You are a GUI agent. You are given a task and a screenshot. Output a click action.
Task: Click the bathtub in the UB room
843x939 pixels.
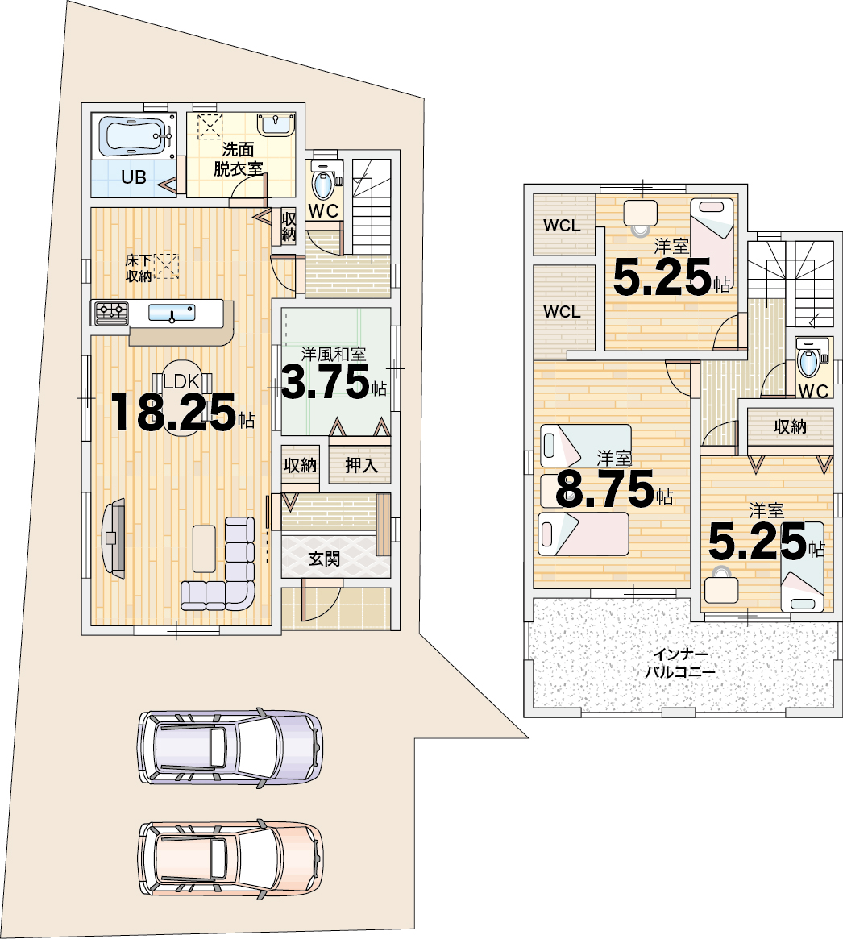(x=134, y=136)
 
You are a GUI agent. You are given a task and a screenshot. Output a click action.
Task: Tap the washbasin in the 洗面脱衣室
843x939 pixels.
(x=276, y=125)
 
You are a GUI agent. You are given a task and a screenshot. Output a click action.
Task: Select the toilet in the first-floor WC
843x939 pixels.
(x=323, y=181)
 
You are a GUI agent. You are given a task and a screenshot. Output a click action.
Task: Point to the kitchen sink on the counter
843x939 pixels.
(x=172, y=312)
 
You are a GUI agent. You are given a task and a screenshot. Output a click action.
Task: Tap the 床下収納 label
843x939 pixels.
(x=139, y=268)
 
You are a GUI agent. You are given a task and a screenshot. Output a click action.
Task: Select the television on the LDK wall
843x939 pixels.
(x=114, y=537)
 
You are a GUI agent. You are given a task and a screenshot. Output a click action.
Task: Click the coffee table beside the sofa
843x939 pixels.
(x=204, y=549)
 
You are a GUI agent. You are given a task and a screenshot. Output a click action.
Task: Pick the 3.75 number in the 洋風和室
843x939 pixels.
(x=325, y=382)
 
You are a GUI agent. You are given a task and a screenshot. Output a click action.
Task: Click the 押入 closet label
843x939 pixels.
(x=361, y=465)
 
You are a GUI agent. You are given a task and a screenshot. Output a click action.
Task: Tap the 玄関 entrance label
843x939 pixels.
(x=324, y=559)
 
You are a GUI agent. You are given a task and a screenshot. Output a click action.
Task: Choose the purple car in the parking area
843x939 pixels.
(x=230, y=748)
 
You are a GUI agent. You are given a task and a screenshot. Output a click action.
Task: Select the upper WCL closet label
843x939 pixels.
(x=562, y=226)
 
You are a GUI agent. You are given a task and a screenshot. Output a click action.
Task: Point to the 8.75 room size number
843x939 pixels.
(x=604, y=488)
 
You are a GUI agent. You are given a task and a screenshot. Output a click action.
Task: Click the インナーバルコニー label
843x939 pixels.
(x=680, y=663)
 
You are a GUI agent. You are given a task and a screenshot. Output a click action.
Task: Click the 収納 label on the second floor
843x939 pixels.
(x=790, y=426)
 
